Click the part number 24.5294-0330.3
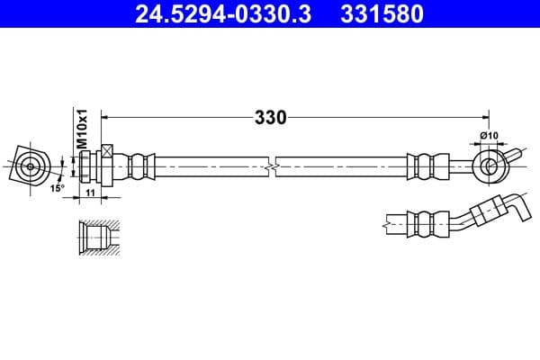click(x=221, y=14)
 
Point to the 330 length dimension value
click(x=269, y=117)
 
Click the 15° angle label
click(x=57, y=188)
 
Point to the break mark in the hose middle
click(x=269, y=166)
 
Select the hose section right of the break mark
click(x=342, y=166)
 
